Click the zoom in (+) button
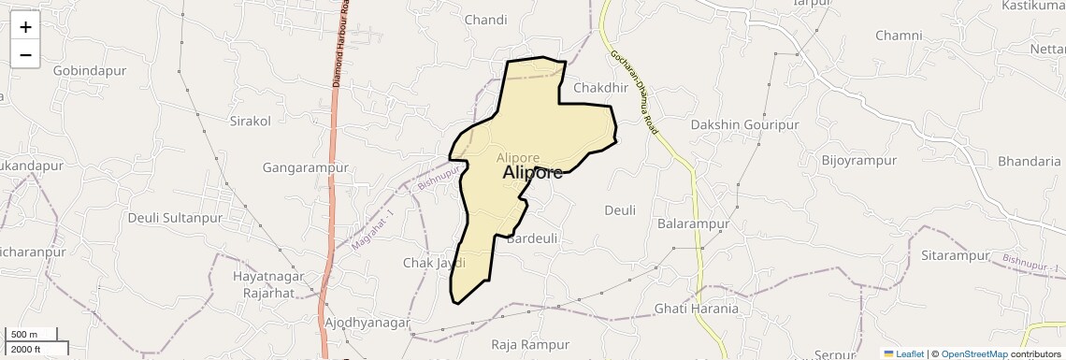(x=25, y=27)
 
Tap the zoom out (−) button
(x=25, y=55)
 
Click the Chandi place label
(x=485, y=20)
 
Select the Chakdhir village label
(x=598, y=88)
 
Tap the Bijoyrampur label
(x=858, y=161)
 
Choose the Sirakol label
(x=250, y=121)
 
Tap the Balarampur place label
(x=693, y=224)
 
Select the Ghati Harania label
(x=696, y=309)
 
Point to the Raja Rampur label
(x=530, y=344)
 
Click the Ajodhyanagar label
(x=367, y=323)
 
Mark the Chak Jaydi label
(x=434, y=263)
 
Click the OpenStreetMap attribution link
(x=973, y=353)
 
